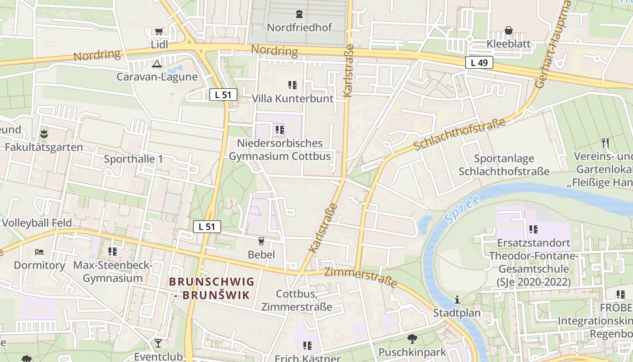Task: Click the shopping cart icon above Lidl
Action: (x=159, y=31)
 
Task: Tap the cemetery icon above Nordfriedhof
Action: (x=299, y=14)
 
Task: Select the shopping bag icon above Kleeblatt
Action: (x=509, y=31)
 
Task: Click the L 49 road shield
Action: (x=479, y=62)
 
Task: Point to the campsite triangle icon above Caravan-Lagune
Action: (x=156, y=64)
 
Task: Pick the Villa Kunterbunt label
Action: (x=293, y=98)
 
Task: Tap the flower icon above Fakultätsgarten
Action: (x=44, y=133)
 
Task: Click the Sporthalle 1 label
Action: (x=133, y=159)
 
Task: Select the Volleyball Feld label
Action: (x=37, y=223)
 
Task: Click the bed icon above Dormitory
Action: (x=39, y=252)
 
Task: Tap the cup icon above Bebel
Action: (x=261, y=241)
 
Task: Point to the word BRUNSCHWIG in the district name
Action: (x=212, y=282)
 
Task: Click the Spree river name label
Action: (x=462, y=210)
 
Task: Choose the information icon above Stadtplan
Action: (x=457, y=300)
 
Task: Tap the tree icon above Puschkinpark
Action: (x=412, y=338)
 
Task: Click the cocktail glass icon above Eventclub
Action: (x=158, y=343)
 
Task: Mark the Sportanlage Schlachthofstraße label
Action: (x=504, y=165)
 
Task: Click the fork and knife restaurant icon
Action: (x=605, y=143)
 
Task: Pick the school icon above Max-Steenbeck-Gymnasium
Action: (x=113, y=252)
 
